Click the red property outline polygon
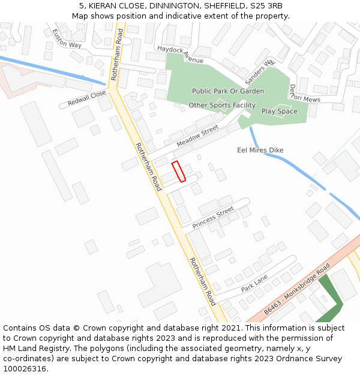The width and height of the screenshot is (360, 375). click(x=178, y=171)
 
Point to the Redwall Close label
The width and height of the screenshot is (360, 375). click(x=86, y=98)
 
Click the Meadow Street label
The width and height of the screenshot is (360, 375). click(x=197, y=137)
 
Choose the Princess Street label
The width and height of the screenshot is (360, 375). click(x=213, y=217)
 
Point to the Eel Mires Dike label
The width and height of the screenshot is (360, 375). click(x=260, y=150)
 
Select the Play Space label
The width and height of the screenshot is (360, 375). click(x=279, y=111)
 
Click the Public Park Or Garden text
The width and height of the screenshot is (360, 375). click(x=228, y=91)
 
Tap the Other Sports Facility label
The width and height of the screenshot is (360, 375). click(x=222, y=106)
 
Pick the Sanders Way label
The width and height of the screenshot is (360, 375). click(x=259, y=71)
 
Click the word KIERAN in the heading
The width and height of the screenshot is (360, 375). click(x=104, y=5)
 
